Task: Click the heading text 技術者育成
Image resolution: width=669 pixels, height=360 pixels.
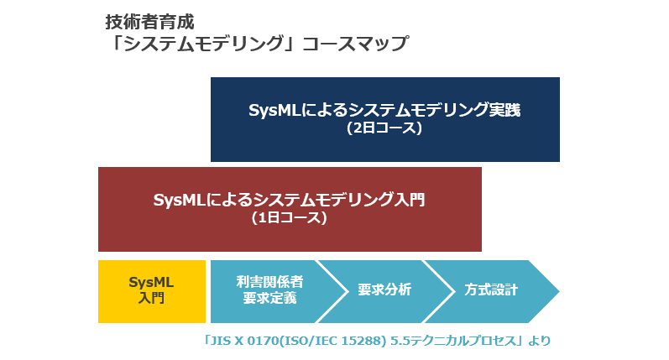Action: coord(149,22)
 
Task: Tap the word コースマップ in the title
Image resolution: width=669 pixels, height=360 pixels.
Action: coord(355,44)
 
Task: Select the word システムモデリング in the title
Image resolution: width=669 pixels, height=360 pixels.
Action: coord(203,44)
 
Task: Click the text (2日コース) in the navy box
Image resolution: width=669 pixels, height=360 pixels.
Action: coord(384,128)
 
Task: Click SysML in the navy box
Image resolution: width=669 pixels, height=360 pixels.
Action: coord(274,110)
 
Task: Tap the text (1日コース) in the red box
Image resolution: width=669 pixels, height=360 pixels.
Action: coord(290,218)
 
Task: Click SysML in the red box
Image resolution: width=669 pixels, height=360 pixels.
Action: coord(180,200)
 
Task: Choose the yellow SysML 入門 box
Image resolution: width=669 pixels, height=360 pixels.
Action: coord(152,291)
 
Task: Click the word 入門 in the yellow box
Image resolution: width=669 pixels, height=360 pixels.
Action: coord(151,298)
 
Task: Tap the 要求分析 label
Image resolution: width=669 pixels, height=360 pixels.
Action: coord(384,290)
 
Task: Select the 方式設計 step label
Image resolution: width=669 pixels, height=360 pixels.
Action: coord(491,290)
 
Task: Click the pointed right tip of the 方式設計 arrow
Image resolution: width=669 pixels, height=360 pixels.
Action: coord(559,291)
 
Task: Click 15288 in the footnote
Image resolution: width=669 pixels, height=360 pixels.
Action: coord(365,342)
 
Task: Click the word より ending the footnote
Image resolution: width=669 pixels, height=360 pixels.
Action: coord(539,342)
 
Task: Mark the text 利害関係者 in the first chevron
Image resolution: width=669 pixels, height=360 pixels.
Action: coord(269,282)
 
